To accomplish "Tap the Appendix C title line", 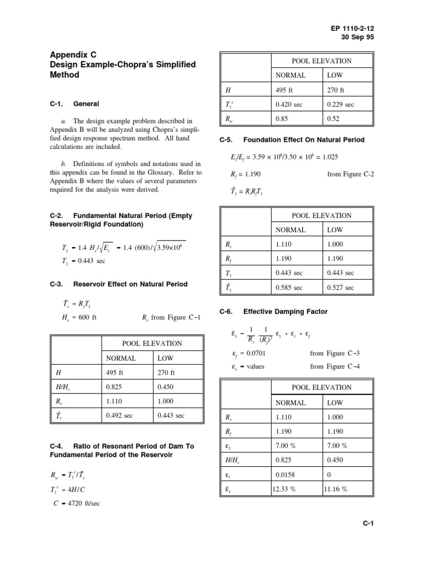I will [73, 55].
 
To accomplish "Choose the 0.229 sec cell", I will [341, 104].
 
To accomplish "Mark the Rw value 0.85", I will [282, 119].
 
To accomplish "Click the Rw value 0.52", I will [333, 119].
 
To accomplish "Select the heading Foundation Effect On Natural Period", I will [304, 140].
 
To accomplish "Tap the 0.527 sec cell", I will [341, 287].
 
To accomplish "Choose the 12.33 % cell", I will [287, 489].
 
